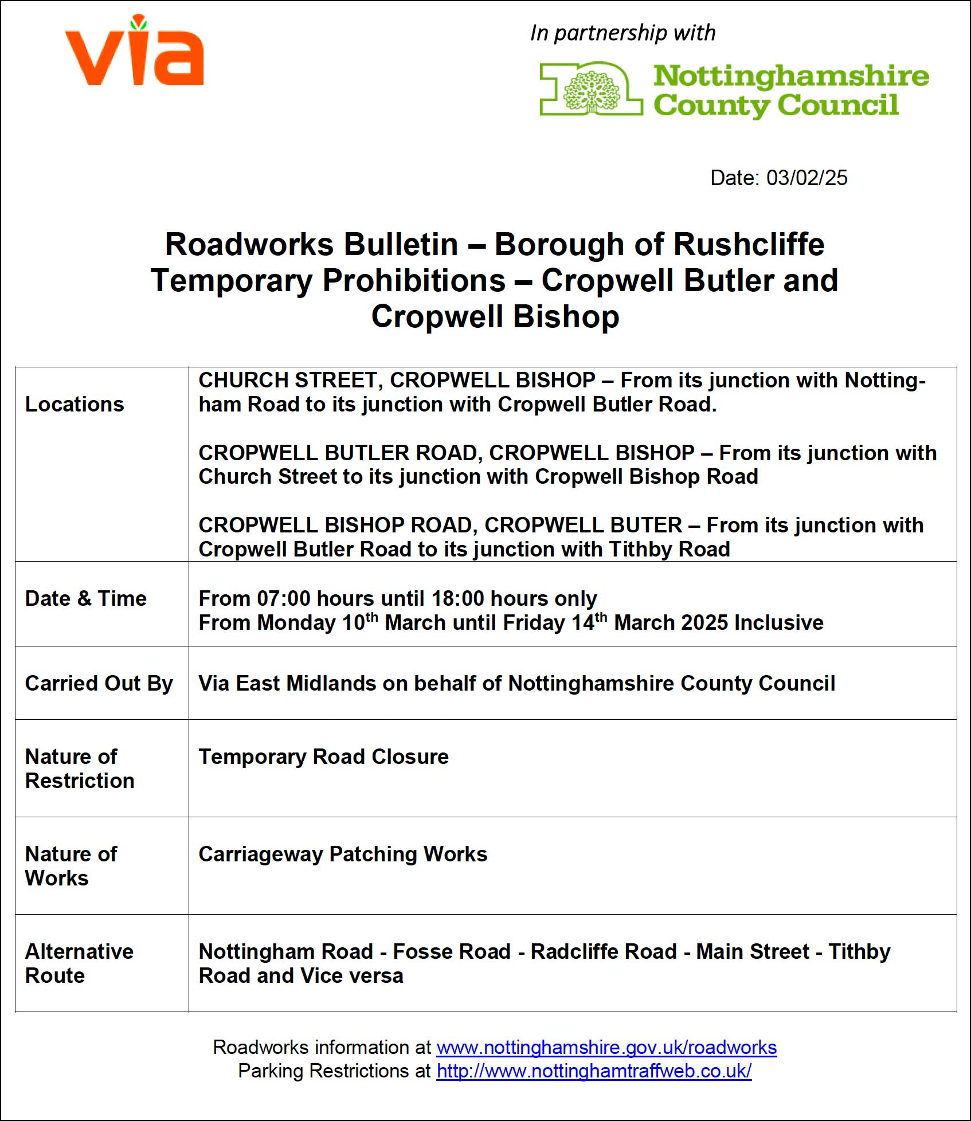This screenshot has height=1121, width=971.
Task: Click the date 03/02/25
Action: point(806,178)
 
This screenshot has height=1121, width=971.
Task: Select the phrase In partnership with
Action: point(622,33)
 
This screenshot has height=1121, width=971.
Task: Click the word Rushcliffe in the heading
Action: point(749,244)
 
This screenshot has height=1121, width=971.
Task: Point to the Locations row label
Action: point(75,405)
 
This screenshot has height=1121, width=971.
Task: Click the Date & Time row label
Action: point(86,599)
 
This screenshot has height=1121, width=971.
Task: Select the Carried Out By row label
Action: point(99,684)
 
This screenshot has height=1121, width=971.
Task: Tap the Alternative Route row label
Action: point(79,963)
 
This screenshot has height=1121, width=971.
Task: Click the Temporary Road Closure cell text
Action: point(323,757)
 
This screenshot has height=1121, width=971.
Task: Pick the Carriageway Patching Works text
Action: point(343,855)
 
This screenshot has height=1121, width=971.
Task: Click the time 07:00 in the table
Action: point(284,599)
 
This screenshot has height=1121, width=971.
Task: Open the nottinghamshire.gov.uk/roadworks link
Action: point(606,1048)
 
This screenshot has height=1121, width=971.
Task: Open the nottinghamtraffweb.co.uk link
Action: point(594,1071)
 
